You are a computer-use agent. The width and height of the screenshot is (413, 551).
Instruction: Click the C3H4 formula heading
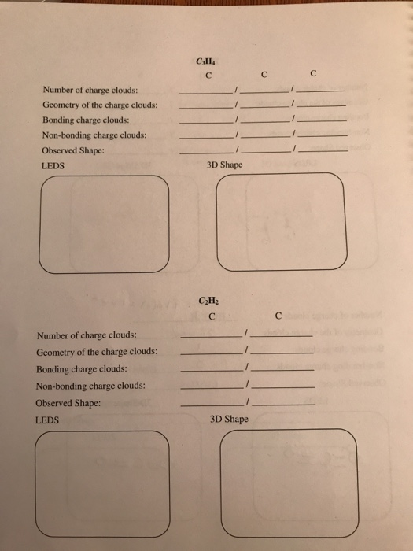click(x=207, y=63)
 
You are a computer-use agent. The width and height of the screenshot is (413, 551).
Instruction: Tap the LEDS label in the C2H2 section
click(x=48, y=421)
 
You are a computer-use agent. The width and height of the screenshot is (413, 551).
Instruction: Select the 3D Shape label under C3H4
click(x=224, y=165)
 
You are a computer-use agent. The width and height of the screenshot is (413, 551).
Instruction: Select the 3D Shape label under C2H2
click(x=230, y=419)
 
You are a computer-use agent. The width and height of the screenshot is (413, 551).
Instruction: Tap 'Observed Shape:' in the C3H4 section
click(x=73, y=150)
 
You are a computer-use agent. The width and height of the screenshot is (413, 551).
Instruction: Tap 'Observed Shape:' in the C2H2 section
click(x=70, y=404)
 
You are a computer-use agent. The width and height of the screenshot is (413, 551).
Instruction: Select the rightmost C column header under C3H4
click(x=314, y=76)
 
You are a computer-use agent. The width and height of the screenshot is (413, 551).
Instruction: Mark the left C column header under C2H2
click(x=215, y=317)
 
